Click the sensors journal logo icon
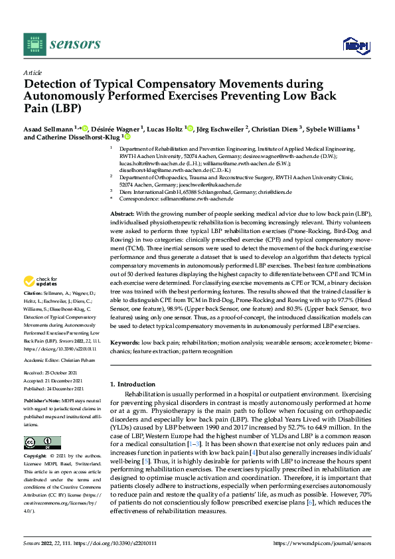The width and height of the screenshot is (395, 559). [32, 44]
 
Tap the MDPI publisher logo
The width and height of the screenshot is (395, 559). [355, 44]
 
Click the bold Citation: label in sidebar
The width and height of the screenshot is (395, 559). [35, 311]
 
